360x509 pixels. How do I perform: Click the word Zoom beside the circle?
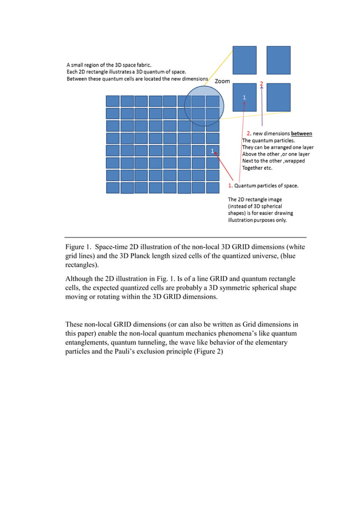(x=222, y=81)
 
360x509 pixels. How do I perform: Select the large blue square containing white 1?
(x=244, y=97)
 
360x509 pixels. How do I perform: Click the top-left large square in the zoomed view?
(x=244, y=60)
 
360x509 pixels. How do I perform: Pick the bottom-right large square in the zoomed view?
(x=278, y=97)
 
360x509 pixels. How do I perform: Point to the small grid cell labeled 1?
(x=212, y=151)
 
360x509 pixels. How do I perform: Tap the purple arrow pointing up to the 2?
(x=261, y=107)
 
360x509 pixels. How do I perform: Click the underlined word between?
(x=301, y=134)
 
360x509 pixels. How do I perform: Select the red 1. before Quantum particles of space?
(x=230, y=185)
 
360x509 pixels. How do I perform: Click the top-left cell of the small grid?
(x=113, y=101)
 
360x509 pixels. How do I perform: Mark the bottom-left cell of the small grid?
(x=113, y=188)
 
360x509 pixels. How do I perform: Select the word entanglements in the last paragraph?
(x=90, y=343)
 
